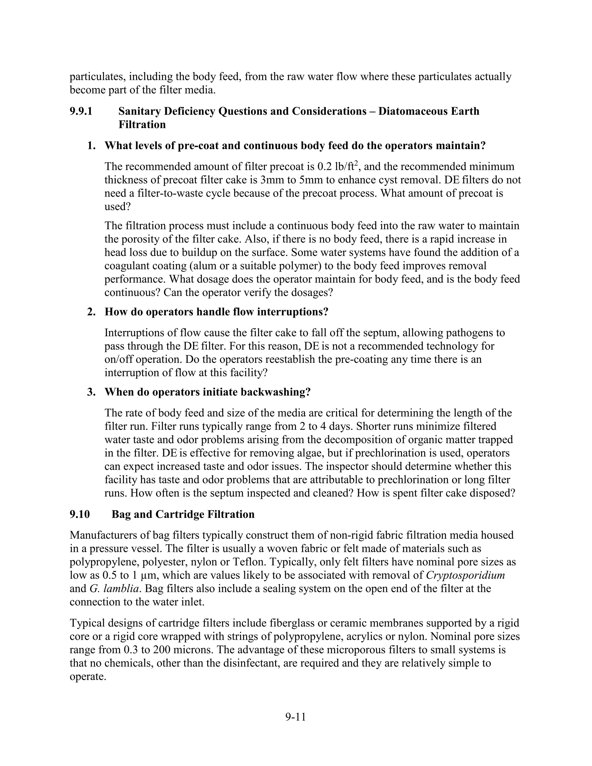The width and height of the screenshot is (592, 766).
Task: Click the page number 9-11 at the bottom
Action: click(296, 717)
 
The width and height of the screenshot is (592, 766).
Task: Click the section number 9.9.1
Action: click(81, 111)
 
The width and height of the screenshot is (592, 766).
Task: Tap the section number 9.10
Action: click(80, 514)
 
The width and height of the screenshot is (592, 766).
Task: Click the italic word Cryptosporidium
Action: click(465, 575)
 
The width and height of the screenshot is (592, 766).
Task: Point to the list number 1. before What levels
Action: click(92, 146)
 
